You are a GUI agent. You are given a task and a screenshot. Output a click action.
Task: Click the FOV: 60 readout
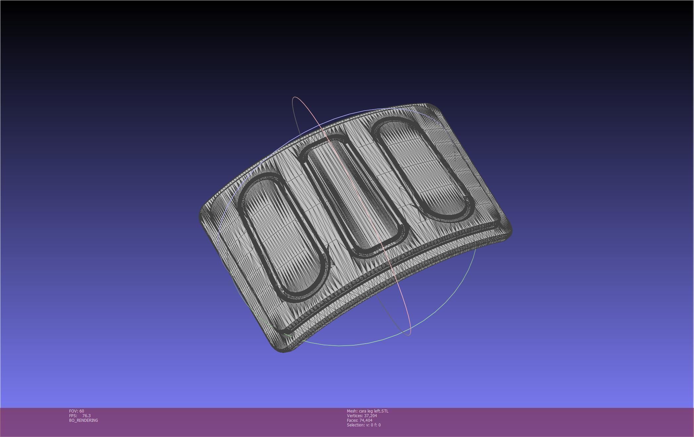click(x=76, y=411)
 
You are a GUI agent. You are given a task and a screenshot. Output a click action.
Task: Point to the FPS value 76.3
click(x=86, y=415)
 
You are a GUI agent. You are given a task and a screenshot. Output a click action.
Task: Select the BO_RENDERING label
click(x=83, y=420)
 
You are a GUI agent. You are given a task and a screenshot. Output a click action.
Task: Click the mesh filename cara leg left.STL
click(x=373, y=411)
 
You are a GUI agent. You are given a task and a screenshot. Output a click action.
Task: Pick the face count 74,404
click(x=366, y=420)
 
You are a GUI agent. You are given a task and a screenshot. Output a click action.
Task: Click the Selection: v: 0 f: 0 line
click(x=364, y=425)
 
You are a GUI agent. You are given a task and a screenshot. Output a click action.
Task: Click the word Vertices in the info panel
click(x=354, y=415)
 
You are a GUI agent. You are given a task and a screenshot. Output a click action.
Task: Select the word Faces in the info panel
click(x=352, y=420)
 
